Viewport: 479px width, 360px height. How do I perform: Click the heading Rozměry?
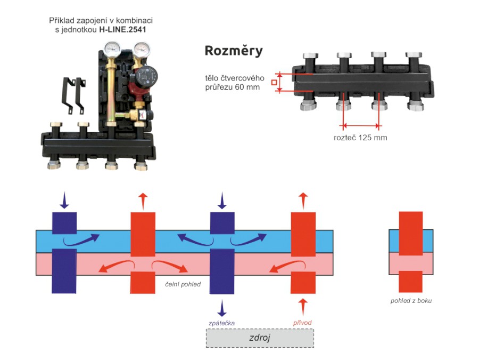point(234,51)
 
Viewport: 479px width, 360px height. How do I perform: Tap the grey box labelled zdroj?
point(260,338)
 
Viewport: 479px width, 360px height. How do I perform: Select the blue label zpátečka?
point(221,323)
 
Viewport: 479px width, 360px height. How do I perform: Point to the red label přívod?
point(302,323)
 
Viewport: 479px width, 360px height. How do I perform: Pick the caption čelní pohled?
point(182,284)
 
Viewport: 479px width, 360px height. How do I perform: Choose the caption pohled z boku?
point(410,301)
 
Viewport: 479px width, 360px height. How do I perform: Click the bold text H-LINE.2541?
point(123,30)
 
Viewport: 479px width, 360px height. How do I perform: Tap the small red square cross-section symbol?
point(274,82)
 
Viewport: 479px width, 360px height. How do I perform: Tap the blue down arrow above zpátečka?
point(222,308)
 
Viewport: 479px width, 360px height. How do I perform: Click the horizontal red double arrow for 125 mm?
point(361,126)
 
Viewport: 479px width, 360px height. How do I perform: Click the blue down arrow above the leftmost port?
point(64,201)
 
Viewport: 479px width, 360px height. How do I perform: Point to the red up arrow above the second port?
point(143,201)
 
